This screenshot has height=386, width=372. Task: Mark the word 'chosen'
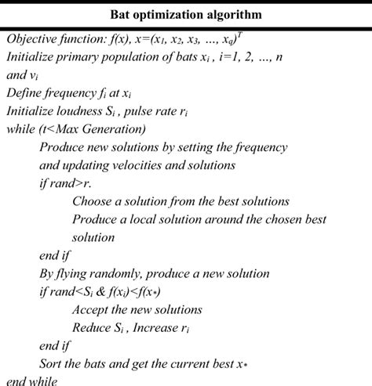pyautogui.click(x=275, y=218)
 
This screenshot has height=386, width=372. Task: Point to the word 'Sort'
pyautogui.click(x=51, y=363)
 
